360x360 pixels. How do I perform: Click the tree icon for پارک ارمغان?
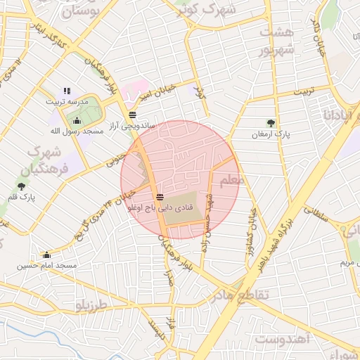click(x=271, y=123)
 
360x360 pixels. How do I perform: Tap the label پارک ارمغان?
click(x=271, y=133)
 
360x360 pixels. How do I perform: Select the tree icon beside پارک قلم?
click(x=21, y=186)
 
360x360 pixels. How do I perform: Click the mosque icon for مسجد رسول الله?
click(x=77, y=121)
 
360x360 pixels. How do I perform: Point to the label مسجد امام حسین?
click(x=47, y=265)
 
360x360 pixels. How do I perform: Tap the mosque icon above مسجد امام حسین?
click(x=47, y=255)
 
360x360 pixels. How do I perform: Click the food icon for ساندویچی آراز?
click(x=132, y=115)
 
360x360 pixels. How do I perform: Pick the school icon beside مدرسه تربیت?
click(x=67, y=91)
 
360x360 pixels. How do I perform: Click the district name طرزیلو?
click(x=92, y=306)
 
